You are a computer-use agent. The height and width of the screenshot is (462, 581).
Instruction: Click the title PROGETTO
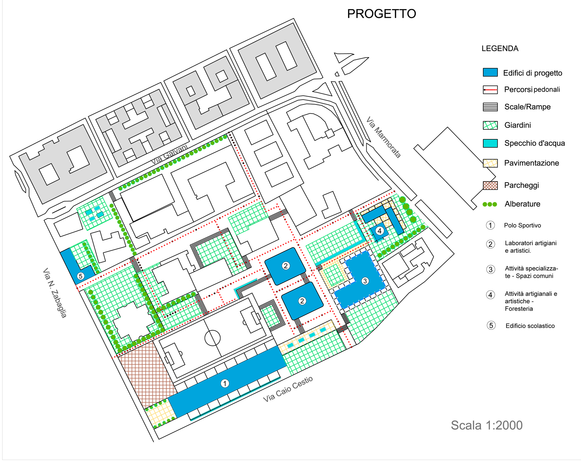382,14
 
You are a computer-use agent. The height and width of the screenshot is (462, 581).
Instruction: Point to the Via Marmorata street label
383,137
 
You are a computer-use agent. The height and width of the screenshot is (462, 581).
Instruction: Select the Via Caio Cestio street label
288,389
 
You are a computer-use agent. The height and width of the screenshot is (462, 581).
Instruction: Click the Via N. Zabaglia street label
55,293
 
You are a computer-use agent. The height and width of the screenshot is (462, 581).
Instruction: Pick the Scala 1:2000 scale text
487,425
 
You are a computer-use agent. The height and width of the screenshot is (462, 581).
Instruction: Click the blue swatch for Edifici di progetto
490,72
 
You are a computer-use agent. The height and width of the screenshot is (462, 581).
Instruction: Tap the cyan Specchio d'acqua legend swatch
490,143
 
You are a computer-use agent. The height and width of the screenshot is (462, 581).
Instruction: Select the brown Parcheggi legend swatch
490,185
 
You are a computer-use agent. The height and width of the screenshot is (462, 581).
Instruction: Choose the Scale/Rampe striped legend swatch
490,107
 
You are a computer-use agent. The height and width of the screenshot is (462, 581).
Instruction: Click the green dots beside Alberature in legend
490,204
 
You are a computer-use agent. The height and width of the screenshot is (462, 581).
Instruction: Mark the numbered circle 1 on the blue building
225,383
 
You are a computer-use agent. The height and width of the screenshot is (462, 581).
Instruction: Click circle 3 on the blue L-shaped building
365,281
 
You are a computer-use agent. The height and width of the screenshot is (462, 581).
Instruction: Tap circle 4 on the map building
380,231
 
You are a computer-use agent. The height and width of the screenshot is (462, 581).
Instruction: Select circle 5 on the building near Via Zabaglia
80,276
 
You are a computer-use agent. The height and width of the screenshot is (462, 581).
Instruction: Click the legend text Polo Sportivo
523,226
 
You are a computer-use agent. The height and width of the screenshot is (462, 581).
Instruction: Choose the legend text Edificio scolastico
530,326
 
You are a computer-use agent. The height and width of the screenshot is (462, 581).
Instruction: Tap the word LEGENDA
500,49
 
